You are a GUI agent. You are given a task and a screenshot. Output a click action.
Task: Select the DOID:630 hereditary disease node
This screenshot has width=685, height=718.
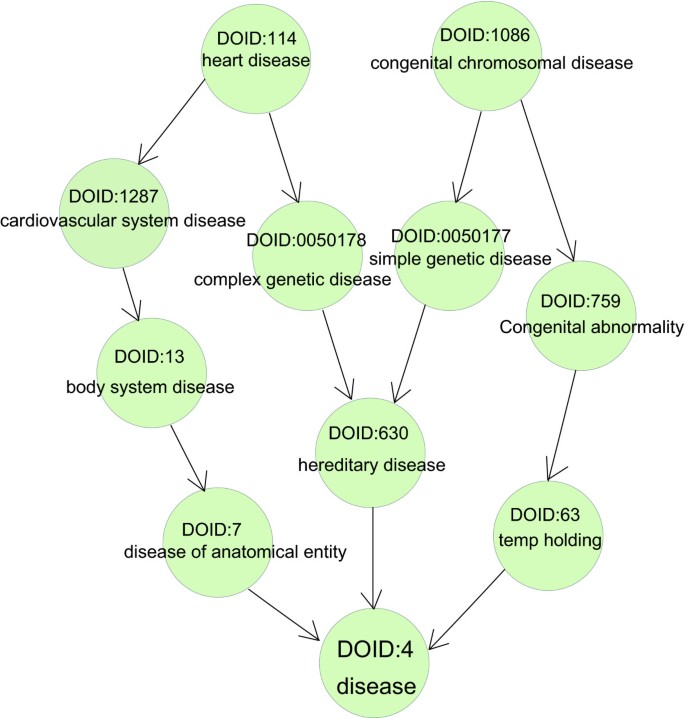tap(371, 448)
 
